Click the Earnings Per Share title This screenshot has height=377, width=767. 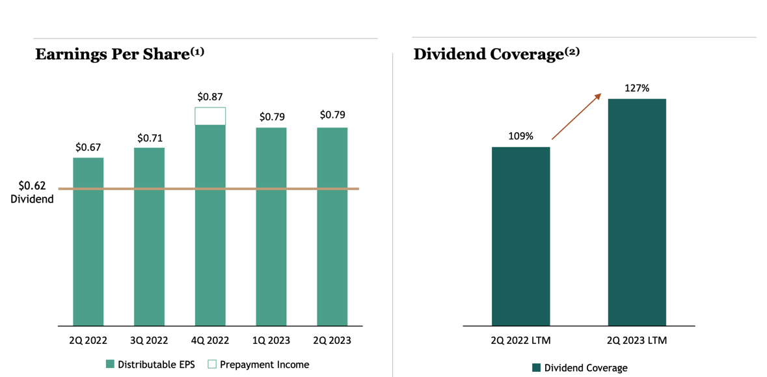pyautogui.click(x=120, y=54)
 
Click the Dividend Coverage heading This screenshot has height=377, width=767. pyautogui.click(x=496, y=54)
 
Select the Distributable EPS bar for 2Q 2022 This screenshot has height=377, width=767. pyautogui.click(x=88, y=241)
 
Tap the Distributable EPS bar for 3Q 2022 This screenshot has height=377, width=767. pyautogui.click(x=149, y=236)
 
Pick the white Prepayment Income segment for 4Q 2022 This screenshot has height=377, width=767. pyautogui.click(x=210, y=117)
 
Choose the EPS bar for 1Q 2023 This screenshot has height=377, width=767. pyautogui.click(x=271, y=226)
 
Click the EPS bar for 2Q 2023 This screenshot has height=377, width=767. pyautogui.click(x=332, y=226)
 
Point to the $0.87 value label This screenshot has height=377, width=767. pyautogui.click(x=210, y=97)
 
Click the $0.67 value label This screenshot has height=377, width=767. pyautogui.click(x=88, y=147)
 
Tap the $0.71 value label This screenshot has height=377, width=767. pyautogui.click(x=149, y=138)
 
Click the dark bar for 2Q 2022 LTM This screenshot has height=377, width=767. pyautogui.click(x=520, y=236)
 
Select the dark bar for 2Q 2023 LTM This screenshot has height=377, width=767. pyautogui.click(x=637, y=212)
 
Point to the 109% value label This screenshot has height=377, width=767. pyautogui.click(x=520, y=136)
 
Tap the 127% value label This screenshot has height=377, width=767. pyautogui.click(x=637, y=88)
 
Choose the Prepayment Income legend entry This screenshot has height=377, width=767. pyautogui.click(x=258, y=365)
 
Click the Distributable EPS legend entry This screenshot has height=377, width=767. pyautogui.click(x=150, y=365)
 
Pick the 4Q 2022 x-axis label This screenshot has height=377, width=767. pyautogui.click(x=210, y=341)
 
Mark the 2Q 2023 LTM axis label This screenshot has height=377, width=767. pyautogui.click(x=637, y=341)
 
